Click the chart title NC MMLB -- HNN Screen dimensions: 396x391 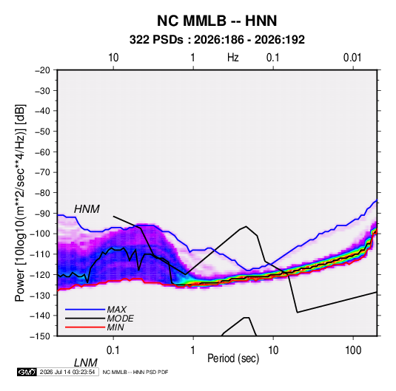coord(217,21)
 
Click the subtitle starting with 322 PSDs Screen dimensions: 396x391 coord(217,40)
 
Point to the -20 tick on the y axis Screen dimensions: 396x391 coord(42,70)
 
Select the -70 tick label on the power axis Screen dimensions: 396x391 coord(42,172)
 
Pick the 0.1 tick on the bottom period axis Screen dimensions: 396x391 coord(113,350)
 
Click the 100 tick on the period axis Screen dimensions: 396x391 coord(353,350)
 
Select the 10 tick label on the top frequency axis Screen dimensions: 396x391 coord(113,58)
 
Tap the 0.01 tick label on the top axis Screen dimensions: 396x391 coord(352,58)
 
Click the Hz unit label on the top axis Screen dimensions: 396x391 coord(233,58)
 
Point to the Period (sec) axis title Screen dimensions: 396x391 coord(233,358)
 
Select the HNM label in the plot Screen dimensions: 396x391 coord(87,209)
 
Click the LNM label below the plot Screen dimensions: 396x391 coord(86,363)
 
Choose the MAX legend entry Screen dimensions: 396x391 coord(116,309)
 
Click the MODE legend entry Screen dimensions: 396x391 coord(120,319)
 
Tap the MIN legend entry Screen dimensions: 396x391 coord(115,327)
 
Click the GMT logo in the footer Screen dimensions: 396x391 coord(27,372)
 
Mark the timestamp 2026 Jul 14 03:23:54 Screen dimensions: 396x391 coord(67,372)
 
